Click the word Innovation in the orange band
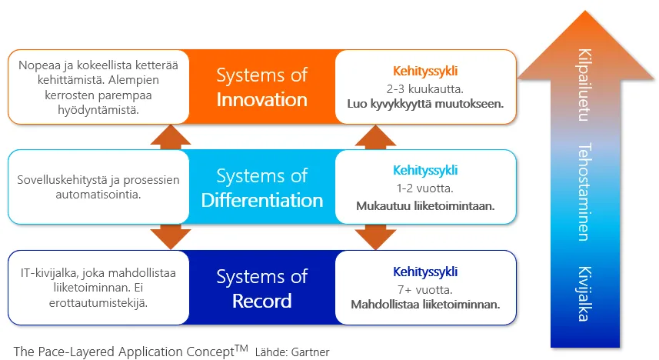click(262, 100)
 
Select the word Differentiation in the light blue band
click(262, 201)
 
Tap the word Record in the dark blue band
click(262, 301)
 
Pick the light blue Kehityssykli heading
click(425, 171)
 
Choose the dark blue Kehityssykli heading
click(425, 272)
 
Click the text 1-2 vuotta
click(425, 188)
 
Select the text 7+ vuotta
click(425, 289)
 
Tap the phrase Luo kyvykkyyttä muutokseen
click(425, 103)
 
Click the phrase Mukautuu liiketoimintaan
click(425, 206)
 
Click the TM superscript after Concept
click(241, 348)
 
